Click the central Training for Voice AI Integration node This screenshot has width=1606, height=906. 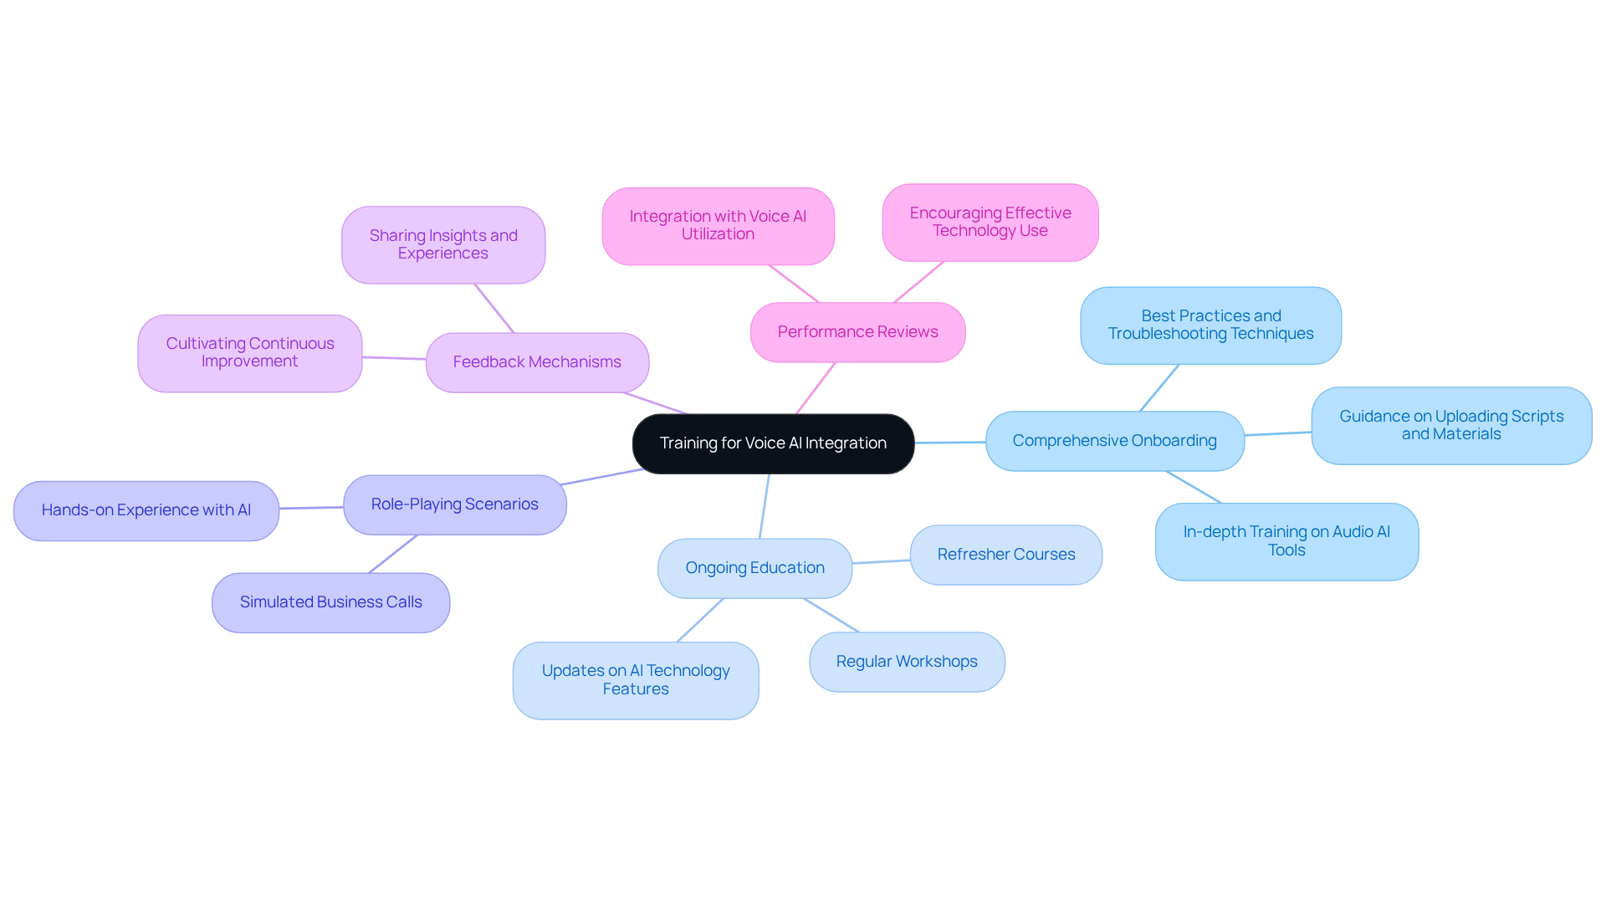click(x=773, y=443)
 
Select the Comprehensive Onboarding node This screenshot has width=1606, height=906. click(x=1114, y=441)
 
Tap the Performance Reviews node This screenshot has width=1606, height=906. click(x=857, y=332)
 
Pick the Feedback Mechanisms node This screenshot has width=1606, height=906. click(x=537, y=362)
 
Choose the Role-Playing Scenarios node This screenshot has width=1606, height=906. click(x=454, y=504)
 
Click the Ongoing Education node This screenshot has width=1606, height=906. click(x=754, y=568)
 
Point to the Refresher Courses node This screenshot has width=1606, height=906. click(x=1005, y=555)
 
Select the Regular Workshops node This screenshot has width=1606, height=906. click(x=907, y=662)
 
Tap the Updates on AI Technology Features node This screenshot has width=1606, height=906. click(x=636, y=680)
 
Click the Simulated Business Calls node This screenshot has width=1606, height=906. click(x=330, y=602)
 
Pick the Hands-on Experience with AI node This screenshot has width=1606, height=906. click(x=146, y=510)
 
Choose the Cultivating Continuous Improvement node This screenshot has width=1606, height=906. click(x=249, y=353)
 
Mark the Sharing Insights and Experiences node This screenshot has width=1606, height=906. click(x=443, y=244)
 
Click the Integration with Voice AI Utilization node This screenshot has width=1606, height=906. click(x=718, y=226)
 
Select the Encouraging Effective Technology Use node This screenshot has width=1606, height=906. click(x=990, y=223)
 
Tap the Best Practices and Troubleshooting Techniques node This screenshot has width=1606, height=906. click(x=1210, y=325)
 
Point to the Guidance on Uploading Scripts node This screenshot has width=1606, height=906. click(x=1451, y=425)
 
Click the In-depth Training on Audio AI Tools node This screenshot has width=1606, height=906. click(x=1286, y=541)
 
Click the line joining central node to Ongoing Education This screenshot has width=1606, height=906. click(x=765, y=506)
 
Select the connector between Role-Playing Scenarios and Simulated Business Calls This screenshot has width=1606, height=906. click(x=393, y=554)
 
